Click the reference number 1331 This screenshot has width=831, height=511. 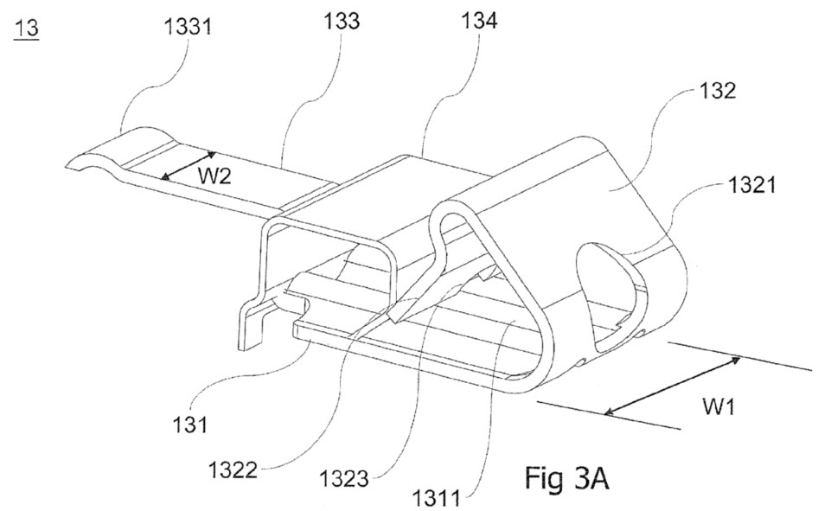pyautogui.click(x=188, y=26)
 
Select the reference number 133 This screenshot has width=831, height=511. pyautogui.click(x=342, y=21)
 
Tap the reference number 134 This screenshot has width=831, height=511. pyautogui.click(x=479, y=21)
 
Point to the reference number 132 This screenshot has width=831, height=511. pyautogui.click(x=718, y=91)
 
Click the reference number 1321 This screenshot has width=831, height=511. pyautogui.click(x=751, y=185)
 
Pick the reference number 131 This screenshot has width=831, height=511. pyautogui.click(x=189, y=425)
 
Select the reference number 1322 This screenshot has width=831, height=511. pyautogui.click(x=233, y=469)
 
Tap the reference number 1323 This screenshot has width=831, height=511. pyautogui.click(x=344, y=479)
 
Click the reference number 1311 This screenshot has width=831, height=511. pyautogui.click(x=436, y=498)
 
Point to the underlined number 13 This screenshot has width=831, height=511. pyautogui.click(x=27, y=28)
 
